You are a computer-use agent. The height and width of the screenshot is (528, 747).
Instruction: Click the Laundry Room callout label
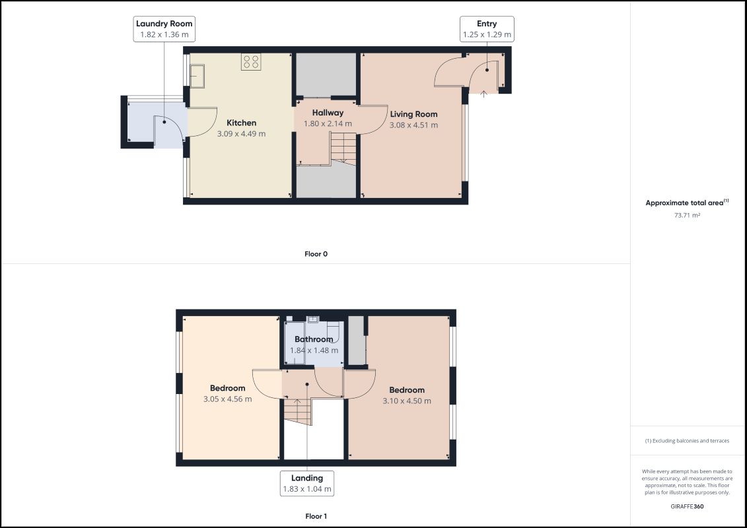[164, 29]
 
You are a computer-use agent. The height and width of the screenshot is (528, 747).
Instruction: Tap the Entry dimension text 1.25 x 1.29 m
[487, 35]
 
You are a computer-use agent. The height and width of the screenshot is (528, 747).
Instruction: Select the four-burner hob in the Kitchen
[251, 61]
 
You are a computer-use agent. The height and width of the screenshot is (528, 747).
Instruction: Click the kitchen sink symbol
[197, 76]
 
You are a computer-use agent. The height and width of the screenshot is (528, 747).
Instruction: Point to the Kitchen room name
[242, 123]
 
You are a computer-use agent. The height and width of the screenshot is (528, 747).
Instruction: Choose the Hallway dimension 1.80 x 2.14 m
[328, 124]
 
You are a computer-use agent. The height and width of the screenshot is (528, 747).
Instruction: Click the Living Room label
[413, 114]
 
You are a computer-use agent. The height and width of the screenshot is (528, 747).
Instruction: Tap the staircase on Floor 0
[343, 148]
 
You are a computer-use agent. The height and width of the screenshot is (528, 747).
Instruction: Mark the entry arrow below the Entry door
[483, 94]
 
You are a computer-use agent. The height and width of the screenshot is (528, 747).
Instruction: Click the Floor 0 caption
[316, 253]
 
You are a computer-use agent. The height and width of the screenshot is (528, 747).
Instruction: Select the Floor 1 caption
[316, 516]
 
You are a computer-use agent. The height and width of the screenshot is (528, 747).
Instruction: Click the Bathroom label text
[314, 339]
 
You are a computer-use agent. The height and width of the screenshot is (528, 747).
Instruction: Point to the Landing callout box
[307, 483]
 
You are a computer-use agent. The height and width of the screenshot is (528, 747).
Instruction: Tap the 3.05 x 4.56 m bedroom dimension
[228, 399]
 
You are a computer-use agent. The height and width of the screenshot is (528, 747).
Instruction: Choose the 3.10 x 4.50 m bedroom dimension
[407, 401]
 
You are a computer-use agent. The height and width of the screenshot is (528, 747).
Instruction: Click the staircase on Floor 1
[298, 412]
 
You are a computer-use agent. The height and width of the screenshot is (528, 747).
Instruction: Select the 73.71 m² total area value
[687, 215]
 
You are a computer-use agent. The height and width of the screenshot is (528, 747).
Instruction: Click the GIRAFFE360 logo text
[687, 507]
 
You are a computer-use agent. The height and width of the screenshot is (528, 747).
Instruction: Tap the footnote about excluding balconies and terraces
[687, 441]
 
